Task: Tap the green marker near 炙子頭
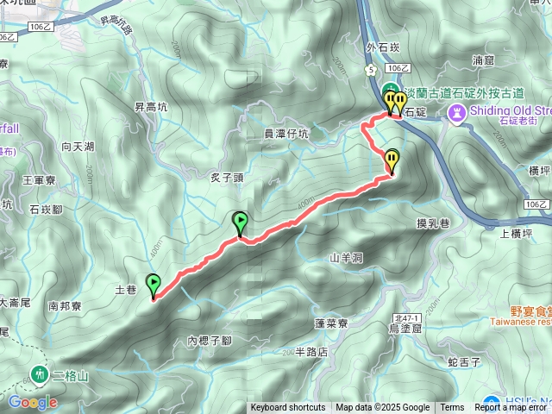coord(241,223)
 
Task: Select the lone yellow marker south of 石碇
coord(392,160)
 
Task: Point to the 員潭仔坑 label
coord(285,134)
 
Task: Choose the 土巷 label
coord(125,291)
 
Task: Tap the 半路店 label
coord(311,352)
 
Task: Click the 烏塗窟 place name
coord(405,327)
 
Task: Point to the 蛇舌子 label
coord(464,362)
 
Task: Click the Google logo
coord(32,402)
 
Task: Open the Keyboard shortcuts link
coord(288,408)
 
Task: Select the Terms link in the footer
coord(452,408)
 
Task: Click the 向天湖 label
coord(78,147)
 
